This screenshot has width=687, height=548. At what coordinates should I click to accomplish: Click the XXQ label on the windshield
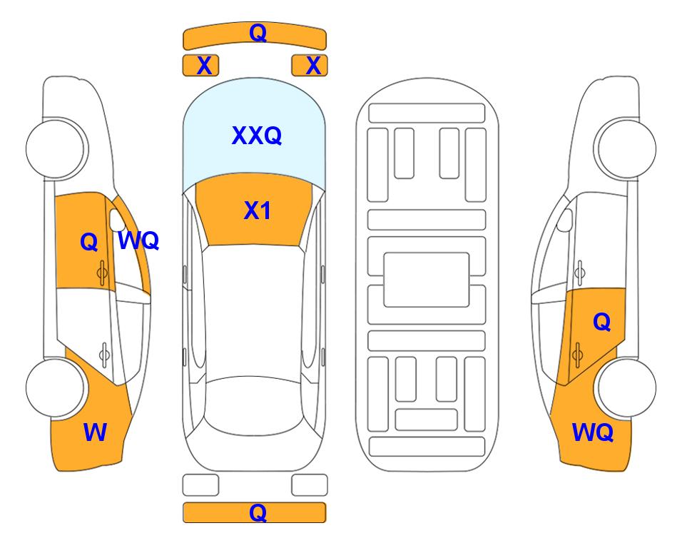[x=256, y=136]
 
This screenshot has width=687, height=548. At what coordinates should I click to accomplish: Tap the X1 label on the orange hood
[x=258, y=210]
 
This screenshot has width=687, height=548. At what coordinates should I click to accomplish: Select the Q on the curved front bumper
[x=258, y=32]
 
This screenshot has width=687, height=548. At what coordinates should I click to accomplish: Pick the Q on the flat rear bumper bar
[x=258, y=512]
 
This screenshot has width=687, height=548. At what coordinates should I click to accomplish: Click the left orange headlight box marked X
[x=200, y=66]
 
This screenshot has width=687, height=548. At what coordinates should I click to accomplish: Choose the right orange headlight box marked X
[x=310, y=66]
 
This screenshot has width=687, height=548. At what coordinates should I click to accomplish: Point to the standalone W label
[x=95, y=432]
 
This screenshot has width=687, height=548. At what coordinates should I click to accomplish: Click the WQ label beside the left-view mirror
[x=138, y=240]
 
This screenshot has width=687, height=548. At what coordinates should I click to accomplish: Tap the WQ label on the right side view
[x=592, y=432]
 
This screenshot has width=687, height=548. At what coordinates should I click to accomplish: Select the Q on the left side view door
[x=89, y=242]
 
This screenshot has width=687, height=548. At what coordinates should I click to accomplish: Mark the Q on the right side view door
[x=602, y=322]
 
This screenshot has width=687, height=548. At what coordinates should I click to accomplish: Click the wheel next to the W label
[x=56, y=387]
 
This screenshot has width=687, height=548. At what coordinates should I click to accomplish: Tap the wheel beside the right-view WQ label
[x=626, y=387]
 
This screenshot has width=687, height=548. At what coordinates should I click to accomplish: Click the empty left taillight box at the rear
[x=200, y=485]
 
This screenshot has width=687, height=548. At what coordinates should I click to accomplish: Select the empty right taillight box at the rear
[x=310, y=485]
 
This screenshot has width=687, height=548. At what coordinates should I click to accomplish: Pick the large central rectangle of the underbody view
[x=427, y=280]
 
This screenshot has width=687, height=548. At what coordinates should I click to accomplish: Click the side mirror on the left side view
[x=116, y=220]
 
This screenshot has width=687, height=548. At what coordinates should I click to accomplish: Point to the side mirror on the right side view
[x=565, y=220]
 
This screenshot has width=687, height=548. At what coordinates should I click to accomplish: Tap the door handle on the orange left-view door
[x=102, y=273]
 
